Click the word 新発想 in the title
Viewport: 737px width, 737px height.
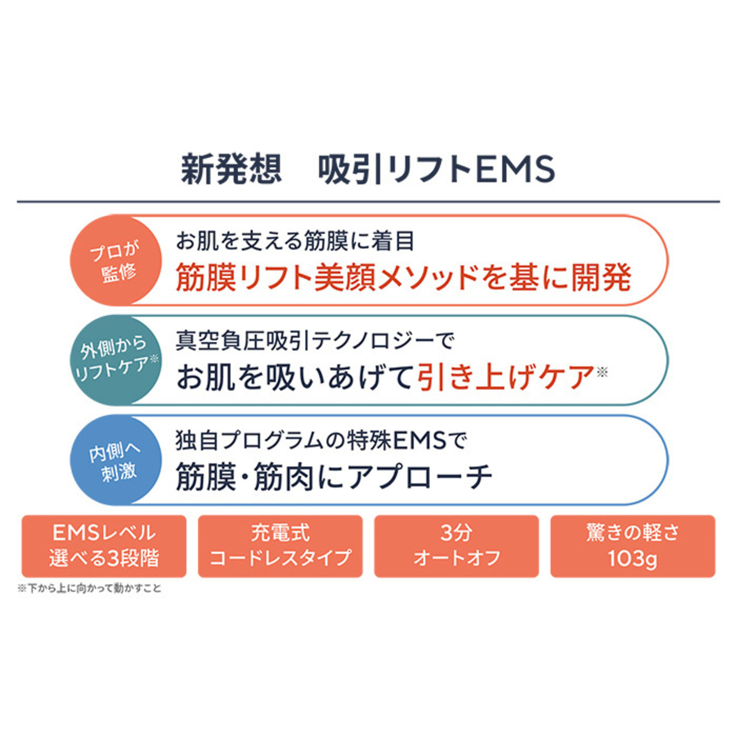point(231,169)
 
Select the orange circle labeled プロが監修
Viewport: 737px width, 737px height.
point(115,260)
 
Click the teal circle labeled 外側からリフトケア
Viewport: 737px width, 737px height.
point(115,360)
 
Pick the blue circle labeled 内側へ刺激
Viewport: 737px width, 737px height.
point(115,461)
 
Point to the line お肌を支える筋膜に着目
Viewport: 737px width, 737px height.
point(295,241)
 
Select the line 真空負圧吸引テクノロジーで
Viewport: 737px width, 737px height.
point(314,341)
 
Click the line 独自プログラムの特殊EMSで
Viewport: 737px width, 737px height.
point(321,440)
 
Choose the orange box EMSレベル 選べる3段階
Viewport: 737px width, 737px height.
point(104,546)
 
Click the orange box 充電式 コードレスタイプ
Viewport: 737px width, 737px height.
point(280,546)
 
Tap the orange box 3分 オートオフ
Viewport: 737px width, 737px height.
point(456,546)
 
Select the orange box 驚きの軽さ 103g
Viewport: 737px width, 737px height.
point(633,546)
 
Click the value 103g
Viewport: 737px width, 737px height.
point(633,559)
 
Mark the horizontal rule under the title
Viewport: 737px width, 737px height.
point(368,201)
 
